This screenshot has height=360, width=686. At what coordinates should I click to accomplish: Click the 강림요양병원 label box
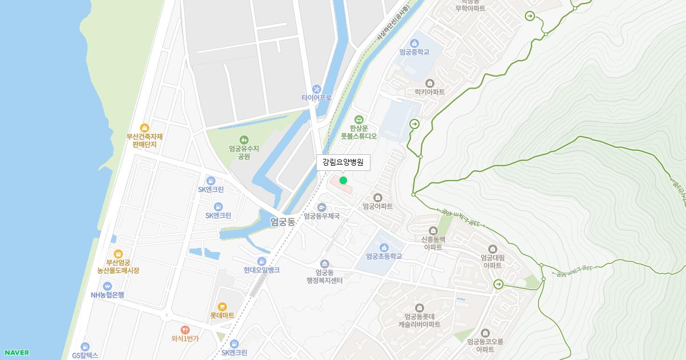343,162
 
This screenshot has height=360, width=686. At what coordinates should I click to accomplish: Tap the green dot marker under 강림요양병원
343,180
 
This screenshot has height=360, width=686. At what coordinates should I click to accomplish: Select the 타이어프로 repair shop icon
316,89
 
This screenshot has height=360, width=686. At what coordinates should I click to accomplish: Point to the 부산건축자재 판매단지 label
145,141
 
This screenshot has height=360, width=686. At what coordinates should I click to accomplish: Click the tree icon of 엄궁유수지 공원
244,139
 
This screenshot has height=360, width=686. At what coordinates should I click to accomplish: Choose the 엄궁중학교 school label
414,52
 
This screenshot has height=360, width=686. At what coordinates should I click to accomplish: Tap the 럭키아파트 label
429,91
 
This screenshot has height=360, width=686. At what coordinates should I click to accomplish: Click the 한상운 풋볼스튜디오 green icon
359,119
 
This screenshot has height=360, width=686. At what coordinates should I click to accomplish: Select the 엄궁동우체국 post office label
322,216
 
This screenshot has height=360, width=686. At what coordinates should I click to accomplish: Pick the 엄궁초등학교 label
384,256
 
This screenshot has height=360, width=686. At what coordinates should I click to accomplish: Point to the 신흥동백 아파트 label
433,243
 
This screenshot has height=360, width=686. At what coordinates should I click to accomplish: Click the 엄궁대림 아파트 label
492,261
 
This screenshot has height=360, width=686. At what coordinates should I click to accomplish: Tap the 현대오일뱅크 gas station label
261,270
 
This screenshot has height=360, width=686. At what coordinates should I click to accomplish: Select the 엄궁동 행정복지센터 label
324,277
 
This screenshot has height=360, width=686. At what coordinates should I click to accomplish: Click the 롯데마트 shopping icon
222,307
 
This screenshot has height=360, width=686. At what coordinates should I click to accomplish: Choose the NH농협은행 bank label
107,295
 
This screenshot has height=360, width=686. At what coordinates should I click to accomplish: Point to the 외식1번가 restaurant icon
185,330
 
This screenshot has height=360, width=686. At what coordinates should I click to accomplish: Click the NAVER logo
17,353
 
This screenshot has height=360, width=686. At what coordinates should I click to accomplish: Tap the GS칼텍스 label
85,355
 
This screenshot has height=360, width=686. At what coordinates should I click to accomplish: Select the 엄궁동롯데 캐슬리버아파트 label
420,320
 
